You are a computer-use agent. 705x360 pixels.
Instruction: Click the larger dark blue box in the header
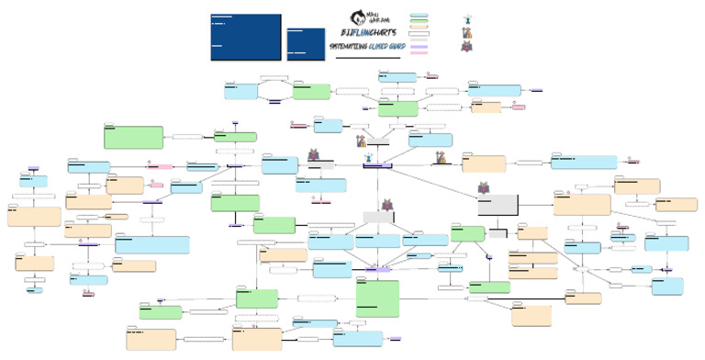245,37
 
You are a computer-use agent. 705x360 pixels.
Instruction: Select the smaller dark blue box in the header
306,43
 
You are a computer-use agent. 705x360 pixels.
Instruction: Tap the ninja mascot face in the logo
357,17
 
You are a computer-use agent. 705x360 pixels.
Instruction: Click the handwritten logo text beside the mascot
376,17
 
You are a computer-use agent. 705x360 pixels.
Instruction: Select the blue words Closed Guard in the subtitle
386,46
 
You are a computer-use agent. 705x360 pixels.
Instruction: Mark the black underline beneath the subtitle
367,58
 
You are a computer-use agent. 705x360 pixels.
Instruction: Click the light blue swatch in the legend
420,15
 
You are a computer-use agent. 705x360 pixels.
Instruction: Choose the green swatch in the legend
420,21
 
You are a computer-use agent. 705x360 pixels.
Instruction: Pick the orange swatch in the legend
420,28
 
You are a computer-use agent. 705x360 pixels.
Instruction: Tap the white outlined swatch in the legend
420,34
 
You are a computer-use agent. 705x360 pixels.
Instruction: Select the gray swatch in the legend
420,40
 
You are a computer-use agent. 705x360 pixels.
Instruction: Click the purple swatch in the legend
420,47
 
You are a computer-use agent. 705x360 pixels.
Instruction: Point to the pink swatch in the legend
420,53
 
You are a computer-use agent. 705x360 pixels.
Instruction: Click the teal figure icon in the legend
468,18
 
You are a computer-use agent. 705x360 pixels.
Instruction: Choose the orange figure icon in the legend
468,32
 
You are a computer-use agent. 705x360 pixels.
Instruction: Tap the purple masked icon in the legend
468,47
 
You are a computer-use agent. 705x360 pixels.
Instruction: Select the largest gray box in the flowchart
498,206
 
